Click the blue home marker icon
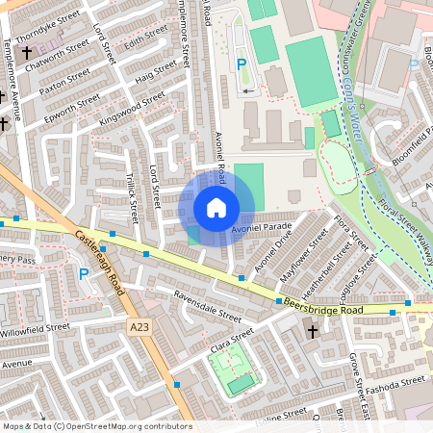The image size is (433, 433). (x=216, y=208)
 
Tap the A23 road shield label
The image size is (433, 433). (x=139, y=327)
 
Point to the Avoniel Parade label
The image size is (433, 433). (x=261, y=227)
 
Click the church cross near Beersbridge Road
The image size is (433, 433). (x=312, y=331)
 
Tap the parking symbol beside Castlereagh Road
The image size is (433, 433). (x=84, y=274)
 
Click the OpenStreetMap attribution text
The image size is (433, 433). (x=96, y=426)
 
